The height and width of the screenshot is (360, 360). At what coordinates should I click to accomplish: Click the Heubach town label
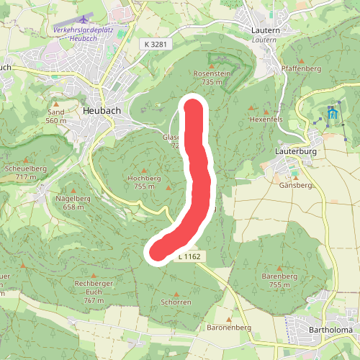102,110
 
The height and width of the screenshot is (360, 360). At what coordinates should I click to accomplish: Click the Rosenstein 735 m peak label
211,78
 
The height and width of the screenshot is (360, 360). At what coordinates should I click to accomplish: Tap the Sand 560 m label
55,117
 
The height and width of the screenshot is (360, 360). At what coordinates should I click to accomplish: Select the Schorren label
176,302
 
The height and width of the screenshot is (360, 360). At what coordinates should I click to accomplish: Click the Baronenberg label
229,328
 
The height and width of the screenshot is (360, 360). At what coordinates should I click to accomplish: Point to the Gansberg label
294,185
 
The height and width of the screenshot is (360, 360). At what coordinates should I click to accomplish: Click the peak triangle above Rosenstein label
212,66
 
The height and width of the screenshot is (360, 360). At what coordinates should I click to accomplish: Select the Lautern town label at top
265,30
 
